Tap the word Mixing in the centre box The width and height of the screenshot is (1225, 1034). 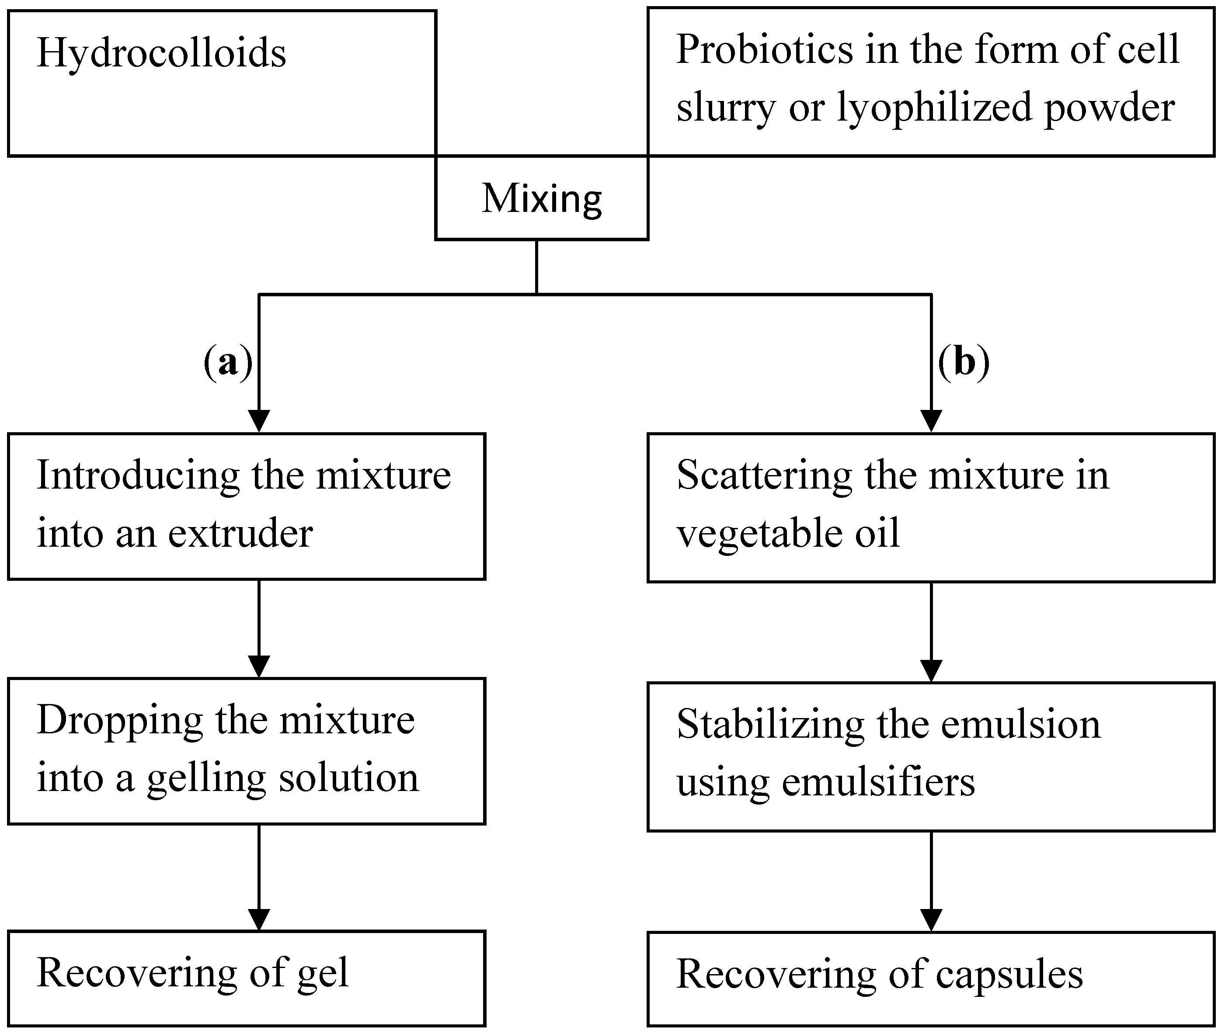[x=541, y=199]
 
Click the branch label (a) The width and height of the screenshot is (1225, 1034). [x=228, y=362]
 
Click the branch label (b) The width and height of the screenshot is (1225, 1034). [x=964, y=362]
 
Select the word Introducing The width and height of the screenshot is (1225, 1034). [x=138, y=475]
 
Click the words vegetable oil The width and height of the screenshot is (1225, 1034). [x=787, y=534]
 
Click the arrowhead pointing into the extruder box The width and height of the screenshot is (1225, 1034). [x=259, y=421]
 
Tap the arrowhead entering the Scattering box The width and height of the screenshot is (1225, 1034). [x=931, y=421]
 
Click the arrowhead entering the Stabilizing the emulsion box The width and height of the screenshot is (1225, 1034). [x=931, y=670]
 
